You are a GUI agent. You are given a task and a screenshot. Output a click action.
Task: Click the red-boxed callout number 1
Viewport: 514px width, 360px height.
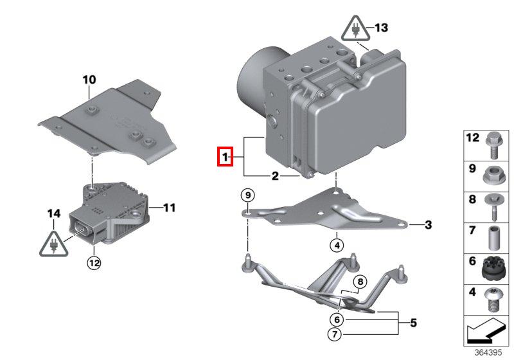pyautogui.click(x=225, y=157)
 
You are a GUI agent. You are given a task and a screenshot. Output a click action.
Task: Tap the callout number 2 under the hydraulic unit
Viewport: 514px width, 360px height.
pyautogui.click(x=274, y=175)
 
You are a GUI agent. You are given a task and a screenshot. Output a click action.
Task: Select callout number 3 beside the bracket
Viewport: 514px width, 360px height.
pyautogui.click(x=429, y=224)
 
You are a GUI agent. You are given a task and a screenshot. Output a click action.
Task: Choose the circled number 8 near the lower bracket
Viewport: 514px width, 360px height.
pyautogui.click(x=360, y=281)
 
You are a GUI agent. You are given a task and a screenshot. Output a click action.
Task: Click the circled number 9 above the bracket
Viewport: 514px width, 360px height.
pyautogui.click(x=248, y=194)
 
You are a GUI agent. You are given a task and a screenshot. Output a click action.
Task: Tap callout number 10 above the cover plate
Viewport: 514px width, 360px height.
pyautogui.click(x=89, y=80)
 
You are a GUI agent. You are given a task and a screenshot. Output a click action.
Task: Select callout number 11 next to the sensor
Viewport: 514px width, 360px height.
pyautogui.click(x=169, y=208)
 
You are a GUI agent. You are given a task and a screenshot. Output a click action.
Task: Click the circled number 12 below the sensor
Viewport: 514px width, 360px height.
pyautogui.click(x=94, y=262)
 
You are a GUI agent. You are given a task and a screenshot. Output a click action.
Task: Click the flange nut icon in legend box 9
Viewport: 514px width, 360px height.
pyautogui.click(x=492, y=174)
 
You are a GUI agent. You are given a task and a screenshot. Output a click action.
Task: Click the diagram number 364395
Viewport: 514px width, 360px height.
pyautogui.click(x=488, y=353)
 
